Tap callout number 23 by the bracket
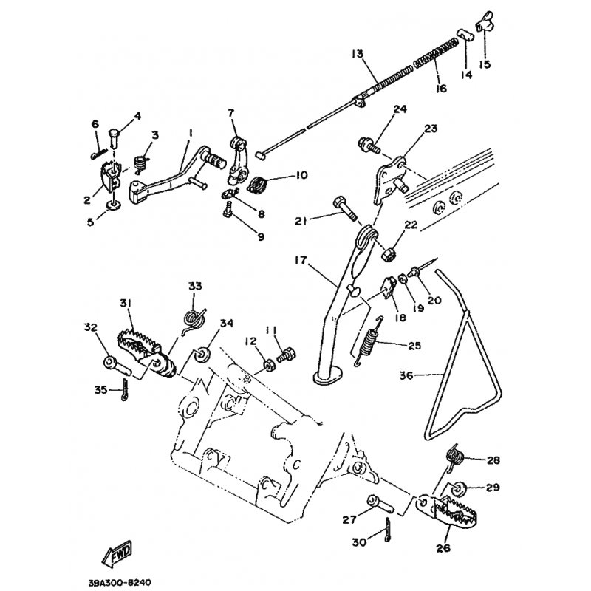pos(430,128)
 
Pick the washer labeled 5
pos(113,204)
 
